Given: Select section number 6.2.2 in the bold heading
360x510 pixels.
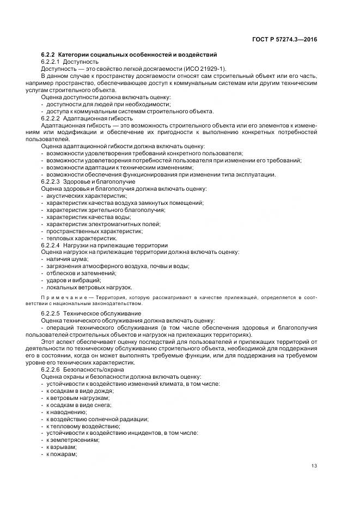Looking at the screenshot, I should (48, 54).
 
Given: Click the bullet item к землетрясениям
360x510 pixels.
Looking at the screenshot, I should (73, 440).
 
